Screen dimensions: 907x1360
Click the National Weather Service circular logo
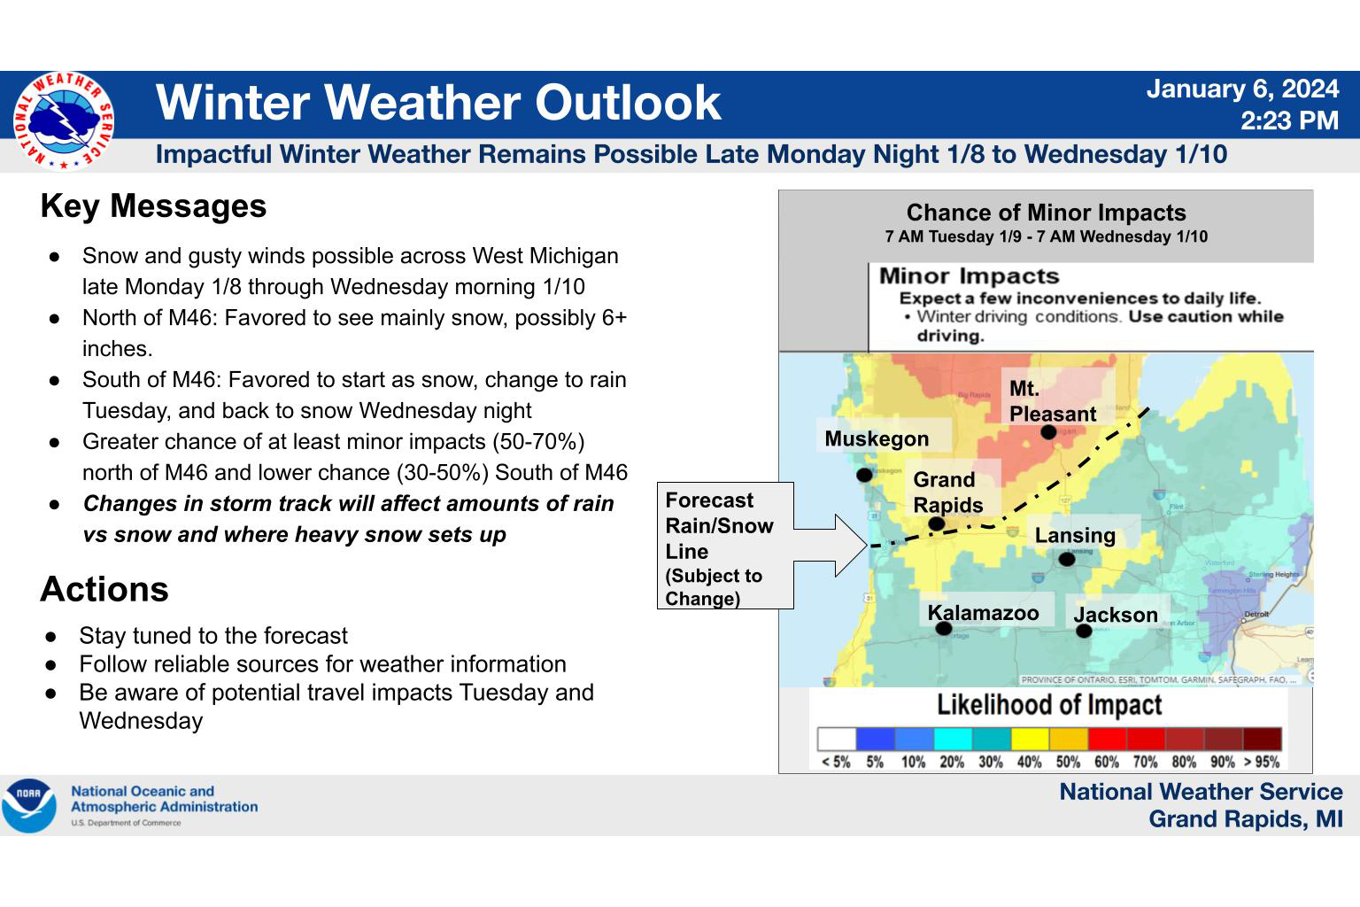[x=63, y=120]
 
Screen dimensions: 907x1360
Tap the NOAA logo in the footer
[x=29, y=805]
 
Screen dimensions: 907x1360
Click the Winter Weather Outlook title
[x=438, y=103]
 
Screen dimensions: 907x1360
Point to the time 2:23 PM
[x=1288, y=120]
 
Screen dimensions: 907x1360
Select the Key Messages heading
[x=153, y=206]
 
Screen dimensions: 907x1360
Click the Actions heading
[x=104, y=590]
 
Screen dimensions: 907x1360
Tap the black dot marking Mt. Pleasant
[x=1048, y=432]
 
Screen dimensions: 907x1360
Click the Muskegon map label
[x=877, y=438]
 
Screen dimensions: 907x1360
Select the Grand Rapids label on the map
[x=947, y=492]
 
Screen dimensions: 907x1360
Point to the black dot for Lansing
[x=1067, y=559]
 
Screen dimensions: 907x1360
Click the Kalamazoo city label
[x=983, y=613]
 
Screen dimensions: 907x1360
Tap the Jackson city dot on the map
[x=1084, y=631]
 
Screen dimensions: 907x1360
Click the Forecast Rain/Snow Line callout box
[x=724, y=547]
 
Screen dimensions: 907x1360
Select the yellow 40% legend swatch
[x=1030, y=740]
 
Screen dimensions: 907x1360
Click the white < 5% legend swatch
[x=837, y=740]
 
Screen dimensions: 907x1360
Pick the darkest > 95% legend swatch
[x=1262, y=740]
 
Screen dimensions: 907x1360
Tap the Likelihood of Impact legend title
[x=1049, y=706]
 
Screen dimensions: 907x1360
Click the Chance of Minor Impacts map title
[x=1046, y=213]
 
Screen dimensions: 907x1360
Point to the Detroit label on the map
[x=1256, y=614]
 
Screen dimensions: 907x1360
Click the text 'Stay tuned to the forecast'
[x=213, y=636]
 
